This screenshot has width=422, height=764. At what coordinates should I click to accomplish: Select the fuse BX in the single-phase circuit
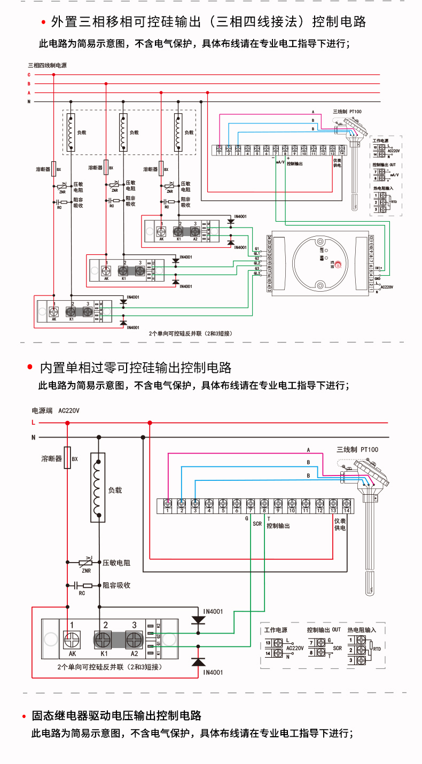click(67, 458)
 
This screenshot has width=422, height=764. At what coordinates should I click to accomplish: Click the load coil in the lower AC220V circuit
click(98, 487)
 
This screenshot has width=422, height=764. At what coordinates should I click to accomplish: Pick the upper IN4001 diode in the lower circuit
click(199, 621)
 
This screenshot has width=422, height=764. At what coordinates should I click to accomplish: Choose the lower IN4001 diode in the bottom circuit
click(199, 662)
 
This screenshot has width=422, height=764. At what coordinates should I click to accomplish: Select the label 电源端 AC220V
click(56, 411)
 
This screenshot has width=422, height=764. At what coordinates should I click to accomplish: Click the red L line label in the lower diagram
click(33, 423)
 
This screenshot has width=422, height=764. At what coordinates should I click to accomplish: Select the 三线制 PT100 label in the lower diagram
click(357, 449)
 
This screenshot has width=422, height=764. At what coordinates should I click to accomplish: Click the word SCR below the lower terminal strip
click(257, 524)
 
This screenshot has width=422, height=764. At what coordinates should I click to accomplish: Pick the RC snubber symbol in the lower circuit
click(85, 586)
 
